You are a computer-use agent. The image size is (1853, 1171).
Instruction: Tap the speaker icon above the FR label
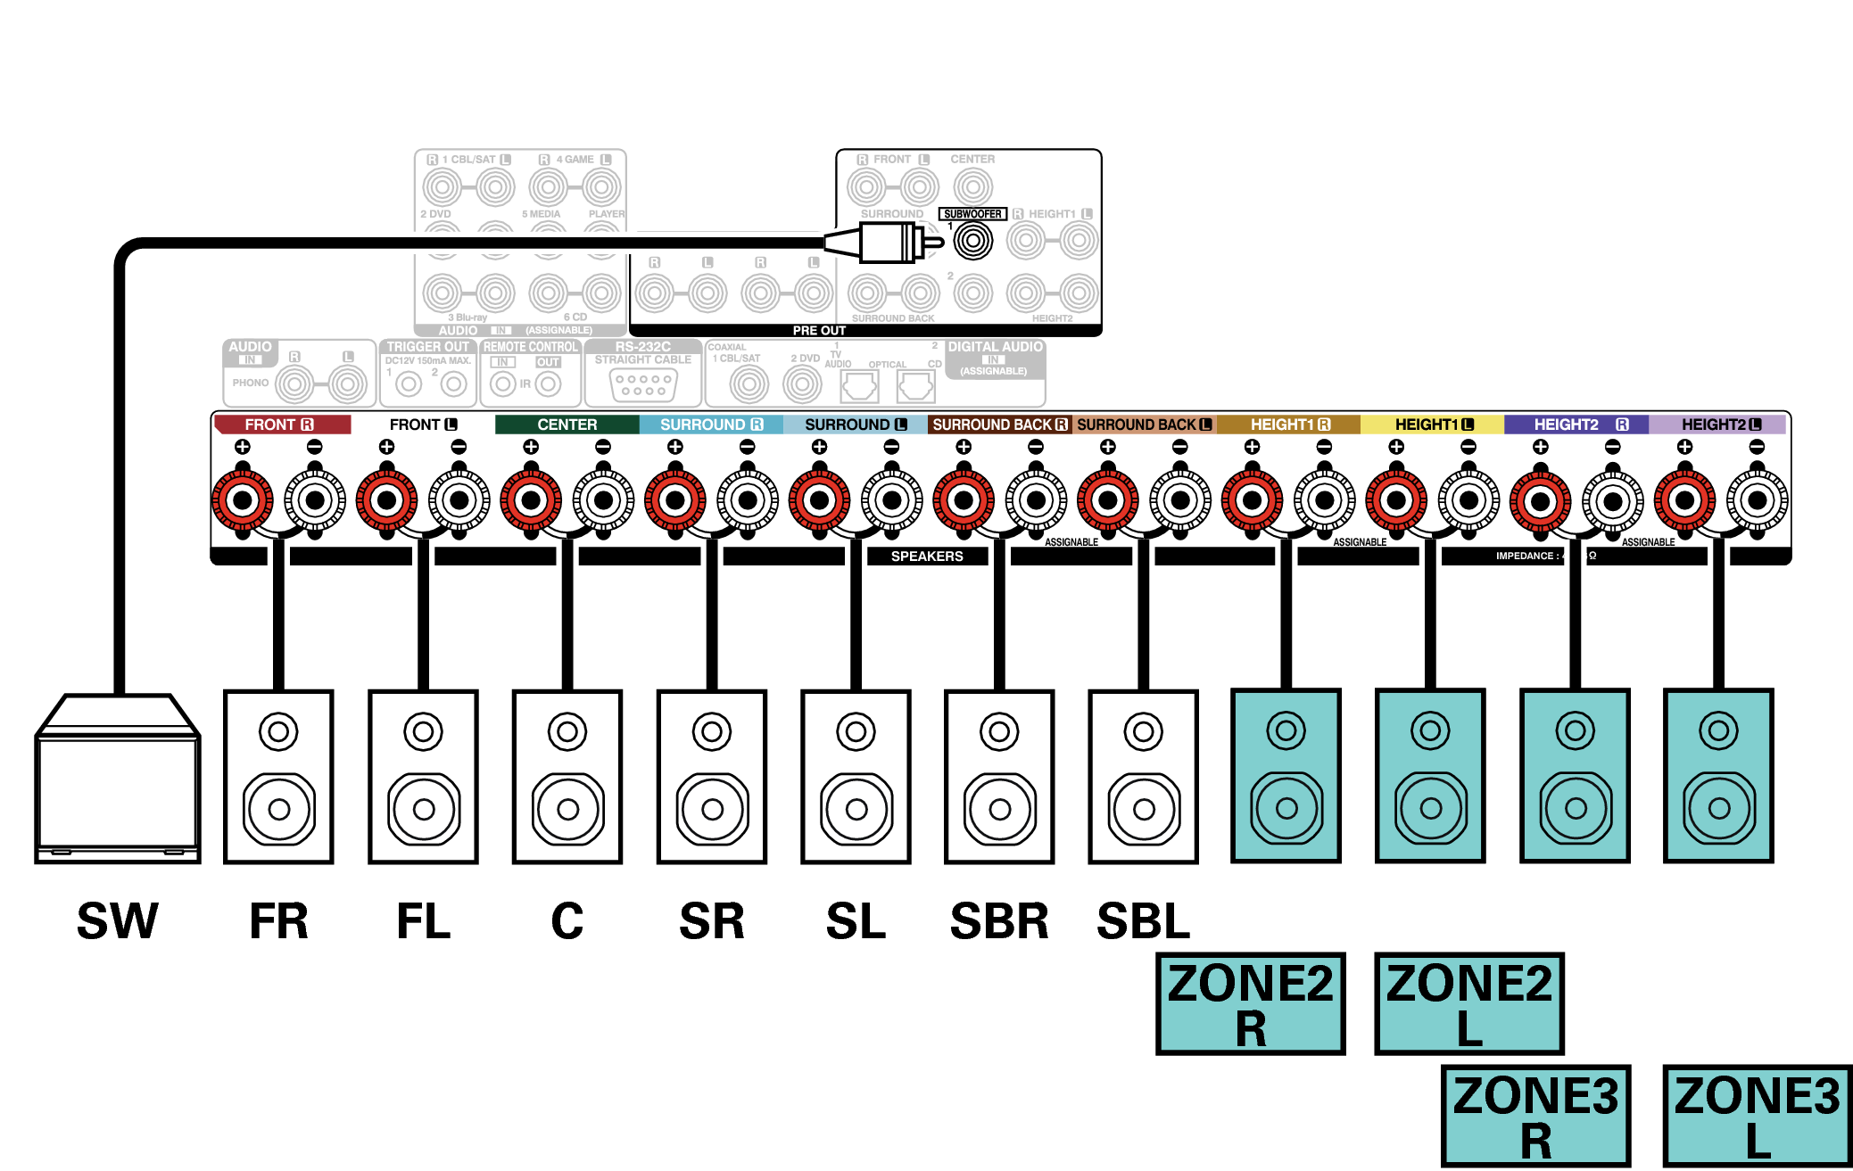click(278, 776)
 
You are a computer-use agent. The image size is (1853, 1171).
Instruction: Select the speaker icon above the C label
click(567, 776)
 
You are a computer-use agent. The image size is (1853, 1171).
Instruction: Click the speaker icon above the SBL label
click(1143, 776)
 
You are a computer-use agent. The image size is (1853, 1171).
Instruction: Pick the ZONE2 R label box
click(1250, 1003)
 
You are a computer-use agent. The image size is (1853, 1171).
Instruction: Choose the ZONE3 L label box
click(1757, 1116)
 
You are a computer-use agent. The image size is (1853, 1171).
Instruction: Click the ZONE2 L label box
click(1468, 1003)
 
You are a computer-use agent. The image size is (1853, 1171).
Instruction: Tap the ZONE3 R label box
click(1535, 1116)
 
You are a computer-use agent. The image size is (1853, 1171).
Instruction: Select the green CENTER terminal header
click(567, 425)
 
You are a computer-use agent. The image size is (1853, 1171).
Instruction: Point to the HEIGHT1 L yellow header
click(1432, 425)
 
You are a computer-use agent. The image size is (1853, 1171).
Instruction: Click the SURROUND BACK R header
click(999, 425)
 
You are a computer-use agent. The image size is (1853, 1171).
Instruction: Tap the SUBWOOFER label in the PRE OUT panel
click(972, 214)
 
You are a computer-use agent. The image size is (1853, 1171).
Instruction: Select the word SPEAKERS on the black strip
click(927, 557)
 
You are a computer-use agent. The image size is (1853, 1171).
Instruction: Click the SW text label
click(117, 921)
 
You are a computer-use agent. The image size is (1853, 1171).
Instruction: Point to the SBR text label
click(999, 921)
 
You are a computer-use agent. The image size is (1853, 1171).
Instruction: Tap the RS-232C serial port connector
click(643, 384)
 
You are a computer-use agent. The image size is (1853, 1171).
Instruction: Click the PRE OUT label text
click(819, 331)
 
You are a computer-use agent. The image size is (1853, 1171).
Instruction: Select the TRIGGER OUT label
click(427, 347)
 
